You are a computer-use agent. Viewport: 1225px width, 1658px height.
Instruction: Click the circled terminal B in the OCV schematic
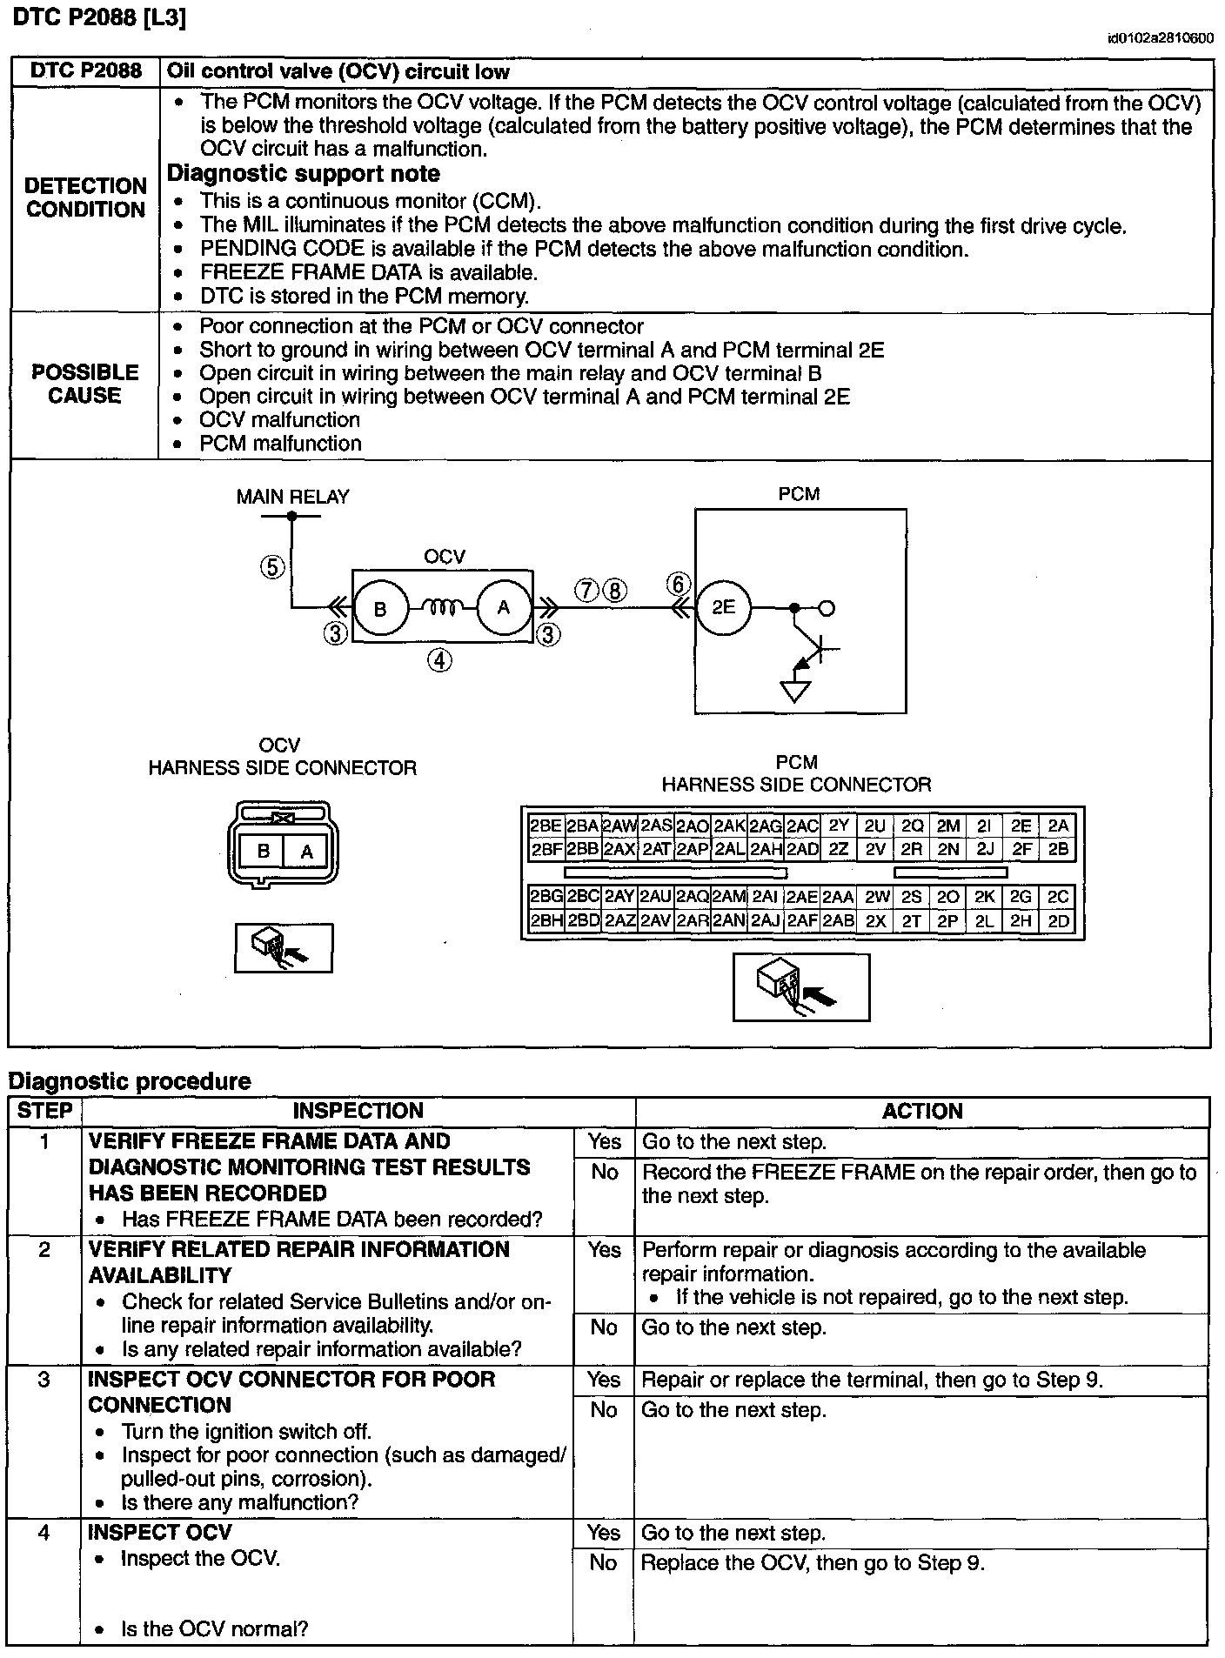[380, 608]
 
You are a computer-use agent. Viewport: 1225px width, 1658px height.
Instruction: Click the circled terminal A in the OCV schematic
[503, 608]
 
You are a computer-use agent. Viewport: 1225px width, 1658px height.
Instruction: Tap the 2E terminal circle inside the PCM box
[723, 607]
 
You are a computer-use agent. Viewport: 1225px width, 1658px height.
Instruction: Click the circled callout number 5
[272, 567]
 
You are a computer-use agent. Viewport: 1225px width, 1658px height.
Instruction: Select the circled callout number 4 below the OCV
[439, 661]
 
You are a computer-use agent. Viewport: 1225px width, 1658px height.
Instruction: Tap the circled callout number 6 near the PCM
[678, 584]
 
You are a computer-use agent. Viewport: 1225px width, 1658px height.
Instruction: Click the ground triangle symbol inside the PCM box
[795, 691]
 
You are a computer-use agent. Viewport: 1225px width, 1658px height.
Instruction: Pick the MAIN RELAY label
[292, 497]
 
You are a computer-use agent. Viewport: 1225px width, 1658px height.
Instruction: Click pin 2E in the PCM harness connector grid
[1021, 826]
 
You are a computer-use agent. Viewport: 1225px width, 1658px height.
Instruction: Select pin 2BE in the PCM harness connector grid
[546, 826]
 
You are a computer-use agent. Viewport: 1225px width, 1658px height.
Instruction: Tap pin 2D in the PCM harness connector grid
[1058, 920]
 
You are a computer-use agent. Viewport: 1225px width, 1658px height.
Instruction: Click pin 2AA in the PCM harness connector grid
[838, 897]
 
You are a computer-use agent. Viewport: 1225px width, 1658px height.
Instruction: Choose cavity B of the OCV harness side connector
[264, 852]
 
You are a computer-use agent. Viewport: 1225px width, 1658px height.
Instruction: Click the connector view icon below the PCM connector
[801, 986]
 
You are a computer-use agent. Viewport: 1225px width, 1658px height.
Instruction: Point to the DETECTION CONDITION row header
[85, 197]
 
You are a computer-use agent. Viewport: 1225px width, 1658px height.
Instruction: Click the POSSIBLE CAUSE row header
[85, 384]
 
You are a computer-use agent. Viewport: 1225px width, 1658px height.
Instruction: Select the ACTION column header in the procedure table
[922, 1111]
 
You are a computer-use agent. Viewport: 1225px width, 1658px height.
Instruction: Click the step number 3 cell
[44, 1380]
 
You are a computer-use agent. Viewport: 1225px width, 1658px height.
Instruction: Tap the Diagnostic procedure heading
[130, 1081]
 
